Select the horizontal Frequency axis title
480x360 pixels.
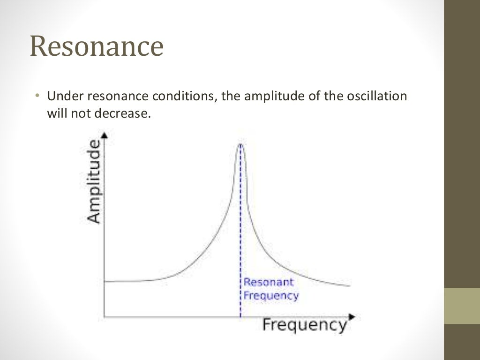(x=304, y=325)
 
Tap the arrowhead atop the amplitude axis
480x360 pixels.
(x=105, y=135)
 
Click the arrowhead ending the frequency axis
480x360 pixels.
(x=352, y=317)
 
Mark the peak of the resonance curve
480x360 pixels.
(x=240, y=144)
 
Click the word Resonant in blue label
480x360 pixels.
(x=269, y=282)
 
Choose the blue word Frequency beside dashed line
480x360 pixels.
(x=271, y=296)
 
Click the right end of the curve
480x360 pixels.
(x=349, y=285)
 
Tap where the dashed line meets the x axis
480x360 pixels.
(x=240, y=317)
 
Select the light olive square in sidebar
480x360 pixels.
(x=462, y=306)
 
